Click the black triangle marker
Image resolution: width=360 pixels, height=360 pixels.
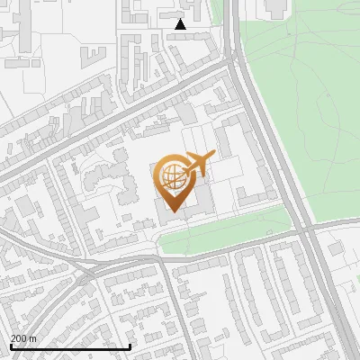[x=181, y=24]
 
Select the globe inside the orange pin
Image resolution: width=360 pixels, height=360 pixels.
[x=172, y=175]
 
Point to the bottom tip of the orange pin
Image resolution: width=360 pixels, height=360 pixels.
[x=173, y=211]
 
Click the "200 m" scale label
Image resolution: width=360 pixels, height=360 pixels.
[x=23, y=338]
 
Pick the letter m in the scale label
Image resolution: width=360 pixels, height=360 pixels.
[x=32, y=338]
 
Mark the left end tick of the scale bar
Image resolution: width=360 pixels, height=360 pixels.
[x=11, y=346]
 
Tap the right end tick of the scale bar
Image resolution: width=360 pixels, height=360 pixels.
[x=130, y=346]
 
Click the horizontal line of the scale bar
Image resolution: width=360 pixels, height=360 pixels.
[x=70, y=346]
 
